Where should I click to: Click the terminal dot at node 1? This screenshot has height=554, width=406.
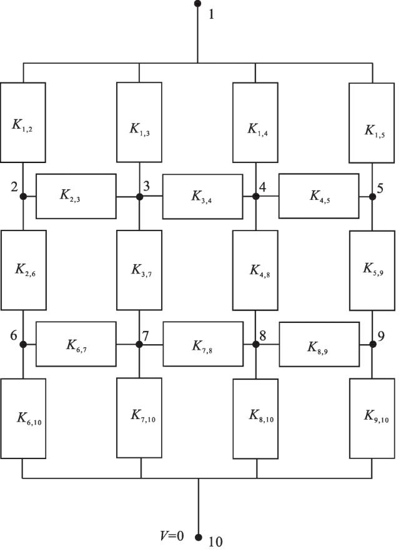tap(197, 4)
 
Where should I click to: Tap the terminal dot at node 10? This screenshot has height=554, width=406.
tap(199, 537)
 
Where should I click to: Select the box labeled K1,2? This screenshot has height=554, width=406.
tap(23, 122)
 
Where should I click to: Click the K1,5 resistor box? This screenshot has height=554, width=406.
tap(372, 123)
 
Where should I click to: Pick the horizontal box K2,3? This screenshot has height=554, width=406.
tap(76, 196)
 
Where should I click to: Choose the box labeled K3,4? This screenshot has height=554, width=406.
tap(202, 197)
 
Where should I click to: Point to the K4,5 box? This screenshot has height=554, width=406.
tap(319, 195)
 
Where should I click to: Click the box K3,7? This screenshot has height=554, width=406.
tap(139, 270)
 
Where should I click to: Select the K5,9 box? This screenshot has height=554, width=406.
tap(372, 270)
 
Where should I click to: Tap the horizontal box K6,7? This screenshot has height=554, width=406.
tap(76, 344)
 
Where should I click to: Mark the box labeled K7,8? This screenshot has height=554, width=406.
tap(203, 344)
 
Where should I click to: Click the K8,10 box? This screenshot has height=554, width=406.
tap(255, 418)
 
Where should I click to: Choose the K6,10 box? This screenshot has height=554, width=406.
tap(23, 418)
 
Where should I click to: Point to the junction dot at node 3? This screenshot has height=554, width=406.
tap(139, 197)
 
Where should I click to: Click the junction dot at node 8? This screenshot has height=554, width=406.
tap(256, 344)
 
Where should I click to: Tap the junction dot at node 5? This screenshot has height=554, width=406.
tap(372, 197)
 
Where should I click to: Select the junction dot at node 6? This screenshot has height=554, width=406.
tap(23, 344)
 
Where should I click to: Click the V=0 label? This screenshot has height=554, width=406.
tap(172, 536)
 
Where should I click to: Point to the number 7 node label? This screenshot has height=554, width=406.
tap(146, 335)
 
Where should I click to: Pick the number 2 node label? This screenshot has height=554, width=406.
tap(14, 187)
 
